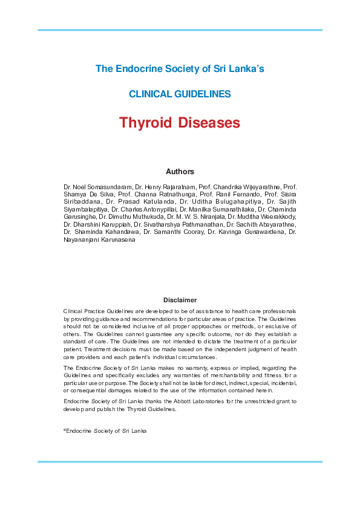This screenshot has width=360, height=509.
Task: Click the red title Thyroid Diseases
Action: click(x=180, y=123)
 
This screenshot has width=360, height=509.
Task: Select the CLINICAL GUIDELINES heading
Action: click(x=180, y=94)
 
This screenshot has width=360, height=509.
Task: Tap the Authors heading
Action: click(x=180, y=172)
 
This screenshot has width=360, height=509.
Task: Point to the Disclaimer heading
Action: click(x=180, y=300)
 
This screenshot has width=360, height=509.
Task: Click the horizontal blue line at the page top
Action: click(x=180, y=30)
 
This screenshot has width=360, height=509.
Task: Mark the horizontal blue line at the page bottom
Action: click(x=180, y=462)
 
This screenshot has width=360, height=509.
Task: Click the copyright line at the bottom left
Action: click(x=105, y=431)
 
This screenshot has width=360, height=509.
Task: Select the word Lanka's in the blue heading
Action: click(x=249, y=68)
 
